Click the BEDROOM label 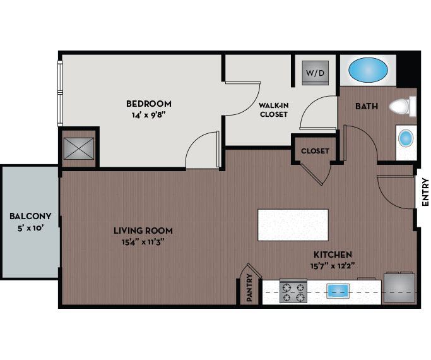[148, 104]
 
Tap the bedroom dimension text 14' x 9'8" [148, 115]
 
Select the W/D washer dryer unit [316, 73]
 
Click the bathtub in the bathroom [369, 69]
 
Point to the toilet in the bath [402, 106]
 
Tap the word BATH [366, 107]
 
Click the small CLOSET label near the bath [315, 152]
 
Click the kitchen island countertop [293, 225]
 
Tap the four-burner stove [292, 292]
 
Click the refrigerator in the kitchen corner [400, 288]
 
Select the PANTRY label [251, 287]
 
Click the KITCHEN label [333, 254]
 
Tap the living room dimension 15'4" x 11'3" [143, 241]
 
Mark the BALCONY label [30, 216]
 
